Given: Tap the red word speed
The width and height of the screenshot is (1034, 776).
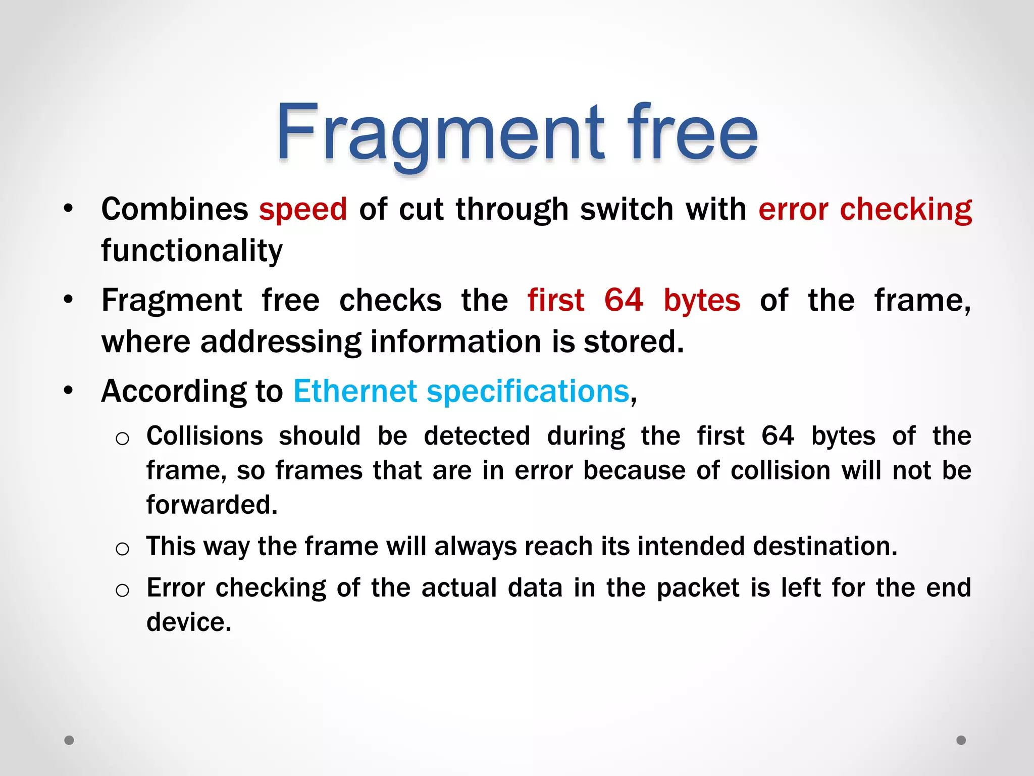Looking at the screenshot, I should pyautogui.click(x=303, y=209).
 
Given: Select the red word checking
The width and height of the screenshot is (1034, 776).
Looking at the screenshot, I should pyautogui.click(x=906, y=209).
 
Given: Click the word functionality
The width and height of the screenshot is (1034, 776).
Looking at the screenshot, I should pyautogui.click(x=192, y=251).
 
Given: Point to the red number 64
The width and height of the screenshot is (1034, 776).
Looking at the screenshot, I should pyautogui.click(x=624, y=300).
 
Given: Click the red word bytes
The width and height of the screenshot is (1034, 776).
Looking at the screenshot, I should pyautogui.click(x=702, y=300).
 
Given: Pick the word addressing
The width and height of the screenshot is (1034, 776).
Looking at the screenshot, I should pyautogui.click(x=281, y=342).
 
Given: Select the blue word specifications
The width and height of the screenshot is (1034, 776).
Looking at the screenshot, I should pyautogui.click(x=528, y=392).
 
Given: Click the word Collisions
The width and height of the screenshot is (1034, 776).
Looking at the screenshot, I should pyautogui.click(x=204, y=435).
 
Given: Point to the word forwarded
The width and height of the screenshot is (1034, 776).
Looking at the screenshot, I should pyautogui.click(x=212, y=504).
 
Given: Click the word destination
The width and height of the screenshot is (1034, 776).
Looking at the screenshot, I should pyautogui.click(x=825, y=546).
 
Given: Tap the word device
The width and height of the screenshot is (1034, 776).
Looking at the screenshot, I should pyautogui.click(x=189, y=622).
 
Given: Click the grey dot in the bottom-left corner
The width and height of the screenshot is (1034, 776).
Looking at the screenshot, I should pyautogui.click(x=69, y=740).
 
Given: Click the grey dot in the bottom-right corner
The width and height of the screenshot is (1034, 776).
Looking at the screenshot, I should pyautogui.click(x=961, y=740).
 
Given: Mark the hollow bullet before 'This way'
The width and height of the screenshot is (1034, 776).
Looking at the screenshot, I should pyautogui.click(x=122, y=549).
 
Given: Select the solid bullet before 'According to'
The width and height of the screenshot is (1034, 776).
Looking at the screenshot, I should pyautogui.click(x=69, y=391).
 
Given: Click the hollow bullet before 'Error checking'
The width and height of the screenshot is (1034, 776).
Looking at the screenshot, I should pyautogui.click(x=122, y=590).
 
